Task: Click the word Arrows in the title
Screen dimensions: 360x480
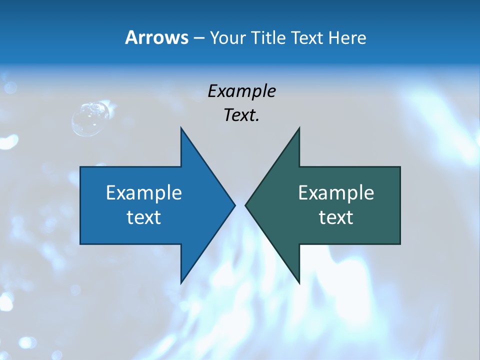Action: [156, 37]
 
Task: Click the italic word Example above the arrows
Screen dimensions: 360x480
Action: [241, 91]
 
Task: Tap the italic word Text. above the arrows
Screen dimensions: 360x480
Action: [241, 115]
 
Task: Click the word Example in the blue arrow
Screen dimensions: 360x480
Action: [144, 192]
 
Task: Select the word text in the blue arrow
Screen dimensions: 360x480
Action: [144, 217]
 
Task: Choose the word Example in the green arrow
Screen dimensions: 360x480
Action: [336, 192]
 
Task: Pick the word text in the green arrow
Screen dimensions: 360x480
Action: [336, 217]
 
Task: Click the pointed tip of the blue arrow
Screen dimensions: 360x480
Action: [234, 204]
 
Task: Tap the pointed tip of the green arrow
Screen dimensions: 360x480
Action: [246, 204]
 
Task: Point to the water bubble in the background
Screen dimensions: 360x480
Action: [90, 118]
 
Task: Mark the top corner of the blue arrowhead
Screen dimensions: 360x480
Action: [181, 128]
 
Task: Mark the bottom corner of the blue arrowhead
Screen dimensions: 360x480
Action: [181, 282]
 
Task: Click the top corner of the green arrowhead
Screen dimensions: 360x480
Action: [298, 128]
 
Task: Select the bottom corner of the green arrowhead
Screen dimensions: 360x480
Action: [298, 282]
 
